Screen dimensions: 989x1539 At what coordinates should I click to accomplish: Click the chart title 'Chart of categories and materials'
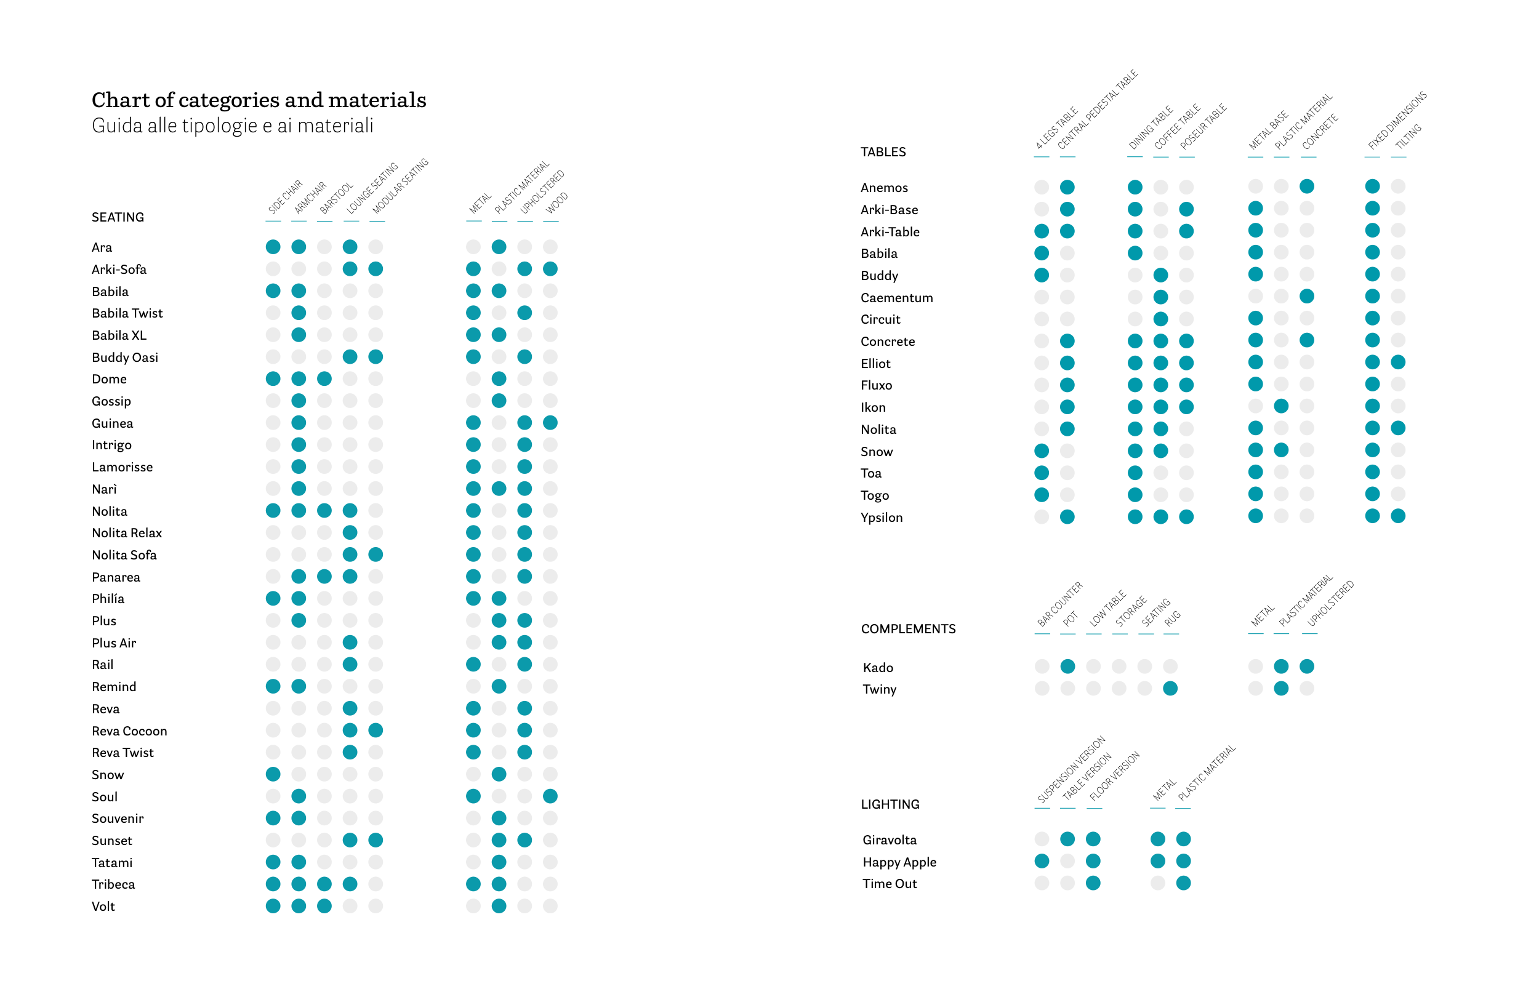(258, 100)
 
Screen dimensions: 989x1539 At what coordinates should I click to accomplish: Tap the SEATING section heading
(118, 217)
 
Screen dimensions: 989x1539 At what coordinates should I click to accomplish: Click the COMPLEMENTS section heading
(907, 629)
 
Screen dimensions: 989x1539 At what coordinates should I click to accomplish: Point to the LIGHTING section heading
(890, 804)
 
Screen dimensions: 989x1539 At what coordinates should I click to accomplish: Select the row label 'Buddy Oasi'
(124, 357)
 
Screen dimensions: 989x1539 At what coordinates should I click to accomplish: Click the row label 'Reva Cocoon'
(129, 731)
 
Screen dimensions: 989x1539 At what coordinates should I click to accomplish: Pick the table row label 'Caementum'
(896, 297)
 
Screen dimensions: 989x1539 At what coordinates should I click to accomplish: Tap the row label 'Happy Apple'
(899, 862)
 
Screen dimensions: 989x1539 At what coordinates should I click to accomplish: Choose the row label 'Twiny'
(878, 689)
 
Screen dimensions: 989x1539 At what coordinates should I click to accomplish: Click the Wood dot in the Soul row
(550, 796)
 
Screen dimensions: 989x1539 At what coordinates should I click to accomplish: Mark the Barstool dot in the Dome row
(324, 379)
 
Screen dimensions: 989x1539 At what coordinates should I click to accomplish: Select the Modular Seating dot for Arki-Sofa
(376, 269)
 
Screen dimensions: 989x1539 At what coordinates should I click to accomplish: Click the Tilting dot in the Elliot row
(1397, 362)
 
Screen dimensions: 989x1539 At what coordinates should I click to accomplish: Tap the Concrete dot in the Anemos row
(1306, 186)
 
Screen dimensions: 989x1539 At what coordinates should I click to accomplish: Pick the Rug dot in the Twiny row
(1170, 689)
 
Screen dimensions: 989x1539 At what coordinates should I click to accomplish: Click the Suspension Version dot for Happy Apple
(1042, 861)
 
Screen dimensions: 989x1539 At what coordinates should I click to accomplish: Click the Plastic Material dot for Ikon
(1281, 406)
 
